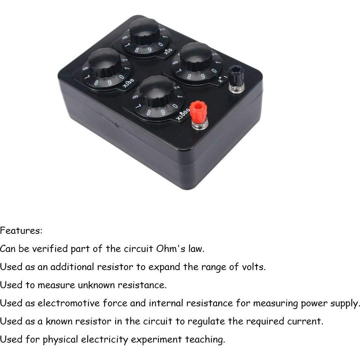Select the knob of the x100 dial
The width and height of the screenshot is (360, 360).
click(105, 62)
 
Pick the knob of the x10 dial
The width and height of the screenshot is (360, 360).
click(144, 31)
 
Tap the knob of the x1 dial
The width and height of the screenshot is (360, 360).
click(196, 57)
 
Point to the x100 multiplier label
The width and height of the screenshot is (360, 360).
click(128, 83)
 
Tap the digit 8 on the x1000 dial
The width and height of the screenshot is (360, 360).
click(148, 112)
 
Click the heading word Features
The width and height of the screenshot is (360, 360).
click(21, 230)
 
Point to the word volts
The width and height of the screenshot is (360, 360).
click(254, 267)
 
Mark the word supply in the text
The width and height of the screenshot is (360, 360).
click(345, 303)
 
